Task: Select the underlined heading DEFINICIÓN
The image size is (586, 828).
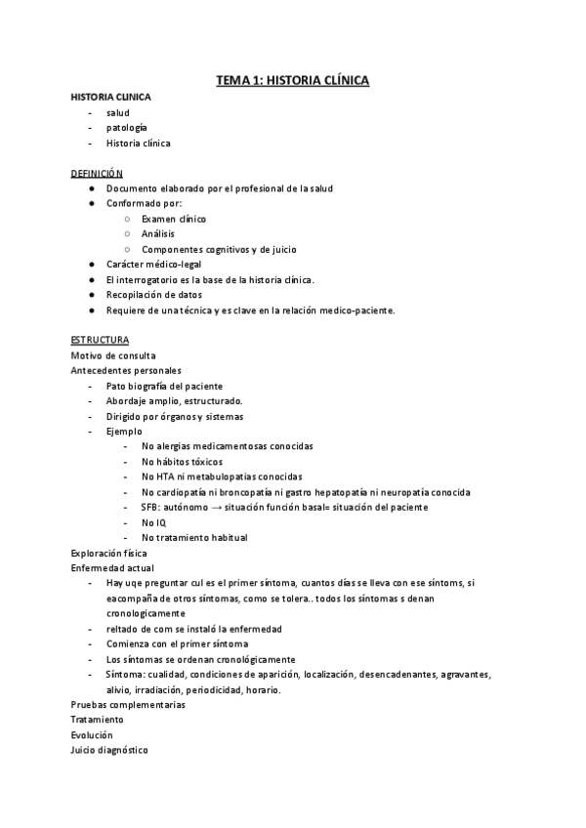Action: pyautogui.click(x=97, y=173)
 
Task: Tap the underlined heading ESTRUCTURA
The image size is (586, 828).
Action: pyautogui.click(x=100, y=340)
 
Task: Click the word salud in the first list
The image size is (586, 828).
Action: pyautogui.click(x=117, y=112)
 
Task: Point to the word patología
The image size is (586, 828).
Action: pyautogui.click(x=127, y=128)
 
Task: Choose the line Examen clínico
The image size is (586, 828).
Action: pyautogui.click(x=173, y=219)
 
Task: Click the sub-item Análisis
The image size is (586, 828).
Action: pyautogui.click(x=159, y=234)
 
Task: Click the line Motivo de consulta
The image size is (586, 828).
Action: pyautogui.click(x=113, y=355)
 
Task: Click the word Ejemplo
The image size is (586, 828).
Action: pyautogui.click(x=124, y=431)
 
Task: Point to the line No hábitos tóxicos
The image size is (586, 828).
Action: pyautogui.click(x=182, y=461)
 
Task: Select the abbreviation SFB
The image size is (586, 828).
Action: pyautogui.click(x=151, y=507)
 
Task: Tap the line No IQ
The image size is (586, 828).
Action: pyautogui.click(x=154, y=522)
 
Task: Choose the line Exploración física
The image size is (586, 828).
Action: pyautogui.click(x=109, y=553)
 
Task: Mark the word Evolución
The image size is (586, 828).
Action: pyautogui.click(x=92, y=734)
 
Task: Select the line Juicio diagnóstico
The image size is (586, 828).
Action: pyautogui.click(x=109, y=750)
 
